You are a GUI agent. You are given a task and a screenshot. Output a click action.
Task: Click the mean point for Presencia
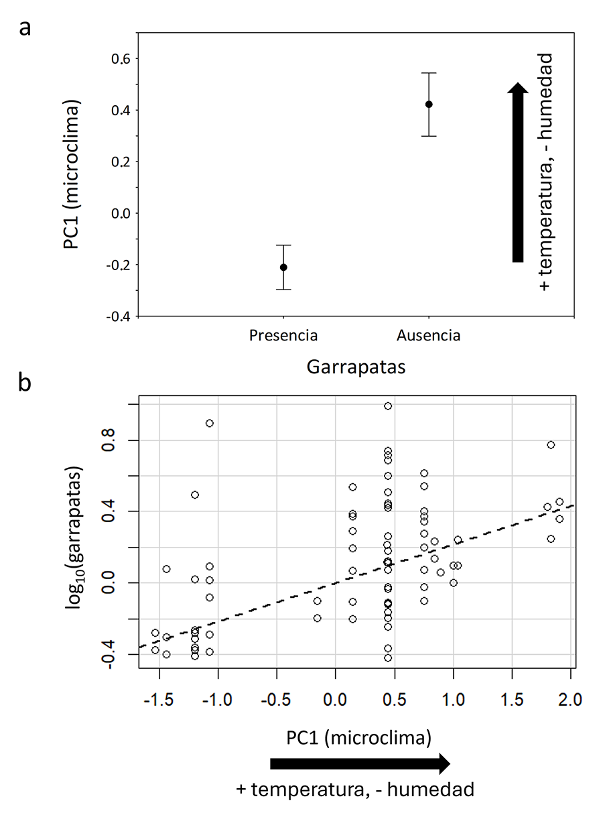pos(283,267)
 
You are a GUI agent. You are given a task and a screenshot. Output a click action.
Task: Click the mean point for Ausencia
pos(429,104)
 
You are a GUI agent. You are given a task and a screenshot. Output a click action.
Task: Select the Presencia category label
pos(283,335)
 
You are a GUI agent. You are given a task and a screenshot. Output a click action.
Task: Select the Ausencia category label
pos(429,335)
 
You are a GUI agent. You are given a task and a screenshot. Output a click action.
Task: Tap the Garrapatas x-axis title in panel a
pos(356,367)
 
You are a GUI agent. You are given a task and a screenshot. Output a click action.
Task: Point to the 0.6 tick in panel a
pos(121,59)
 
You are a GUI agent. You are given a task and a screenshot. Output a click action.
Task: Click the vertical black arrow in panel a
pos(517,172)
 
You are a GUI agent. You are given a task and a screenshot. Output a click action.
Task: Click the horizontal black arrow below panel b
pos(359,763)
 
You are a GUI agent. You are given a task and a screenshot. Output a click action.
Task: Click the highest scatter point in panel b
pos(388,406)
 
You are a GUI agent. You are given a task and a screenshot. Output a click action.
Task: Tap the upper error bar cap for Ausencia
pos(429,72)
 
